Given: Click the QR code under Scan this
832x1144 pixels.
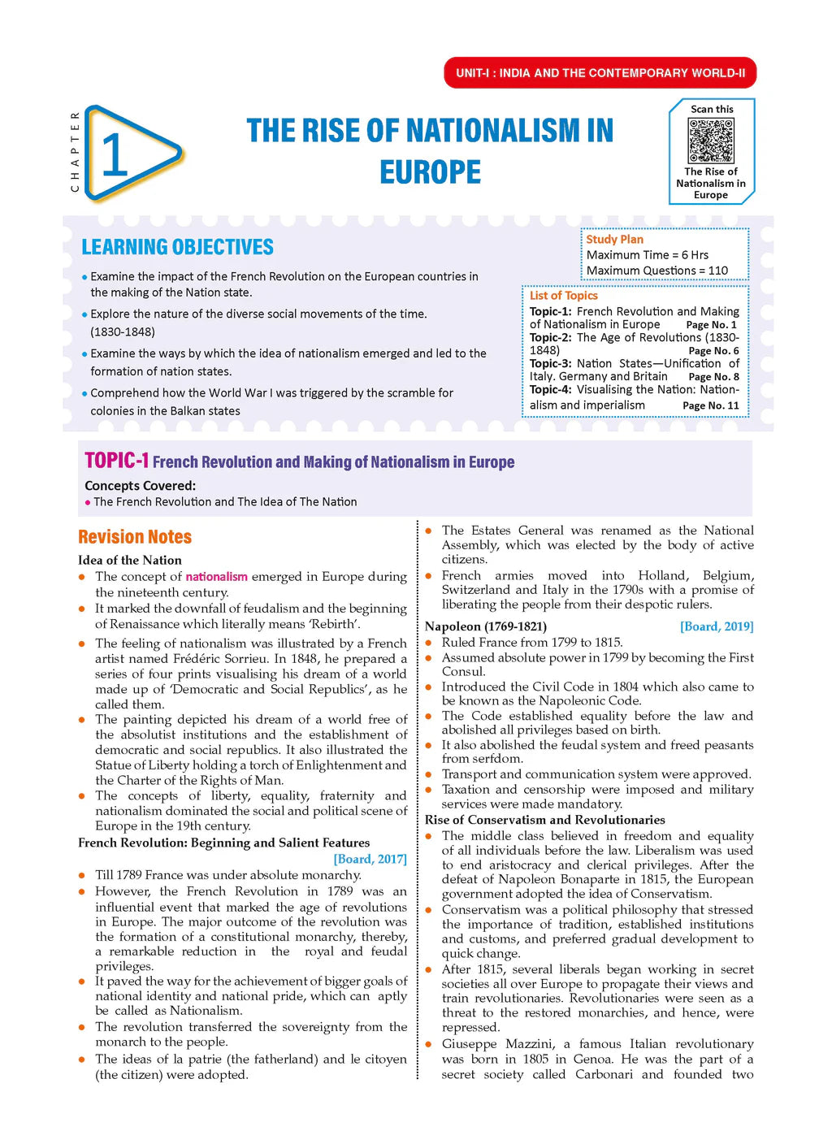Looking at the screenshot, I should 711,141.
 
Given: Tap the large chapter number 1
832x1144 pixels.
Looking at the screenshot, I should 115,154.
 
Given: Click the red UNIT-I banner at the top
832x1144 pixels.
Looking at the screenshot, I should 600,73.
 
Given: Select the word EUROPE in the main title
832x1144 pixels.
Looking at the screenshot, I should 430,172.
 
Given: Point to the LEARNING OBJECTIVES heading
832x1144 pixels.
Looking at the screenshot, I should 177,247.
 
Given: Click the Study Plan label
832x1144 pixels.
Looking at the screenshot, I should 614,240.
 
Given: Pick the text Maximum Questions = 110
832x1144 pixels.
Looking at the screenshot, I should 656,271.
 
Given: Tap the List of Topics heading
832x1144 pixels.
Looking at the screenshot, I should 563,296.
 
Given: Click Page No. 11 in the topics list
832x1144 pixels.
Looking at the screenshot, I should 710,405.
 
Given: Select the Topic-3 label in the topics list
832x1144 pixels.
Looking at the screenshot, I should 550,364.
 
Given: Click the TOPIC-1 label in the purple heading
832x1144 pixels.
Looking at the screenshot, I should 116,461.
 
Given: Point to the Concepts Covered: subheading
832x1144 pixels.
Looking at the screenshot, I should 140,486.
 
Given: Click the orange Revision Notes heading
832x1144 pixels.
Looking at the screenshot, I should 135,537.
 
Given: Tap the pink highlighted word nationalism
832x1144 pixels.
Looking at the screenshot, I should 216,577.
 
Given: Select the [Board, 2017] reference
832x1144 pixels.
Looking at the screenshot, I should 370,859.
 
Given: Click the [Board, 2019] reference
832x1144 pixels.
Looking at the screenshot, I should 716,626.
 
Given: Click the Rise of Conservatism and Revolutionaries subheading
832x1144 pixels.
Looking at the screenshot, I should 544,820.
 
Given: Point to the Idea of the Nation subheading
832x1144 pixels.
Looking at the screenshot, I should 130,560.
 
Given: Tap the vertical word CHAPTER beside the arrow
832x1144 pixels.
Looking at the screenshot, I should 76,152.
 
